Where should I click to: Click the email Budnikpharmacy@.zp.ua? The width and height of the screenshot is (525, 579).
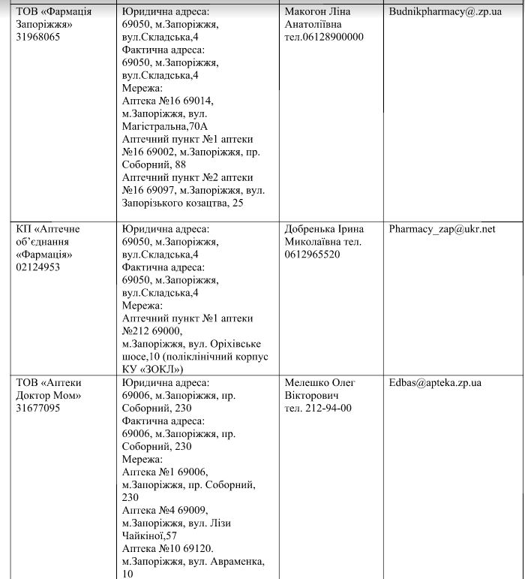pos(445,12)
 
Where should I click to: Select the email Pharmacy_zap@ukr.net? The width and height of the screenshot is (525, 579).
pos(442,229)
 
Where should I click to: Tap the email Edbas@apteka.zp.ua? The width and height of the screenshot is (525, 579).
pos(435,383)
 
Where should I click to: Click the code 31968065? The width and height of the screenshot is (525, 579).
pos(38,38)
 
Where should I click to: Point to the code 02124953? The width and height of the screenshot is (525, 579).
pos(38,267)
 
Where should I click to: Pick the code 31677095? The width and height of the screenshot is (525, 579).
pos(38,409)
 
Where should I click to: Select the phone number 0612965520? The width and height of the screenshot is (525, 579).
pos(312,255)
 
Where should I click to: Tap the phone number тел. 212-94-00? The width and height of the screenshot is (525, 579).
pos(318,409)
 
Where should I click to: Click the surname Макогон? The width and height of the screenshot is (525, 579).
pos(306,12)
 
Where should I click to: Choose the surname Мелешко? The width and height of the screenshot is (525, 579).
pos(307,383)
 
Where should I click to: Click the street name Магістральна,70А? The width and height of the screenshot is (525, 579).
pos(165,126)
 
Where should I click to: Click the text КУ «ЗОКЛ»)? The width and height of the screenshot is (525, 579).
pos(153,369)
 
